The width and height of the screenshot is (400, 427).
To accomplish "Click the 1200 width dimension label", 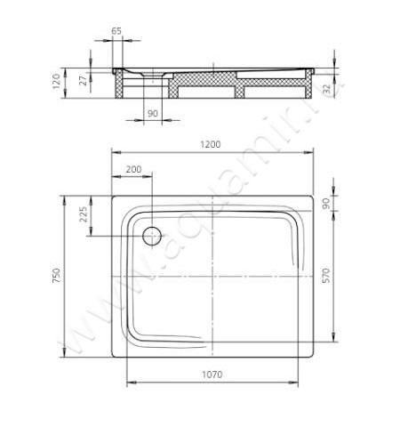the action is (211, 144).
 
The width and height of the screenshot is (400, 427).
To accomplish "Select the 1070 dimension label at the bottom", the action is (212, 375).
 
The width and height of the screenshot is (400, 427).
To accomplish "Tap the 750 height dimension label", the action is (56, 276).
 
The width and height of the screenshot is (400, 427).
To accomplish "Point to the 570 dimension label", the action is (325, 276).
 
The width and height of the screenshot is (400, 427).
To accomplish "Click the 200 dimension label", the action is (134, 169).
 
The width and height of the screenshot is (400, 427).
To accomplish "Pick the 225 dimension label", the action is (84, 214).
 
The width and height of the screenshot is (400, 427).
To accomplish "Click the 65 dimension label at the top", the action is (116, 31).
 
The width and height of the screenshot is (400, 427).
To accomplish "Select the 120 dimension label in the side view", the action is (56, 81).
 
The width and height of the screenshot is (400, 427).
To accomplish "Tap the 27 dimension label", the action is (84, 80).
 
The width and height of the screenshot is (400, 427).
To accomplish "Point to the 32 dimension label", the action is (326, 88).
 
